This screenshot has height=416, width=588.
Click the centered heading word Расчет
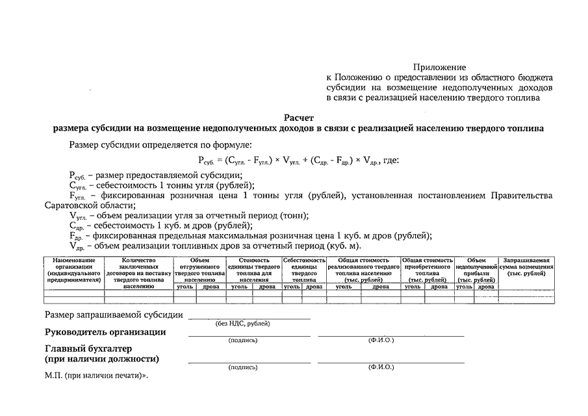[299, 118]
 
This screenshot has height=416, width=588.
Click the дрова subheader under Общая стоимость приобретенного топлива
[439, 286]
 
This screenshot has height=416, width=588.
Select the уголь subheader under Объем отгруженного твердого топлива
[185, 286]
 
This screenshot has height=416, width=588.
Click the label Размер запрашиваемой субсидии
[114, 316]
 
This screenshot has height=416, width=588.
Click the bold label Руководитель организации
[105, 332]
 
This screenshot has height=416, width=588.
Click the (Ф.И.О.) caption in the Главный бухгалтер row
[381, 367]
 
